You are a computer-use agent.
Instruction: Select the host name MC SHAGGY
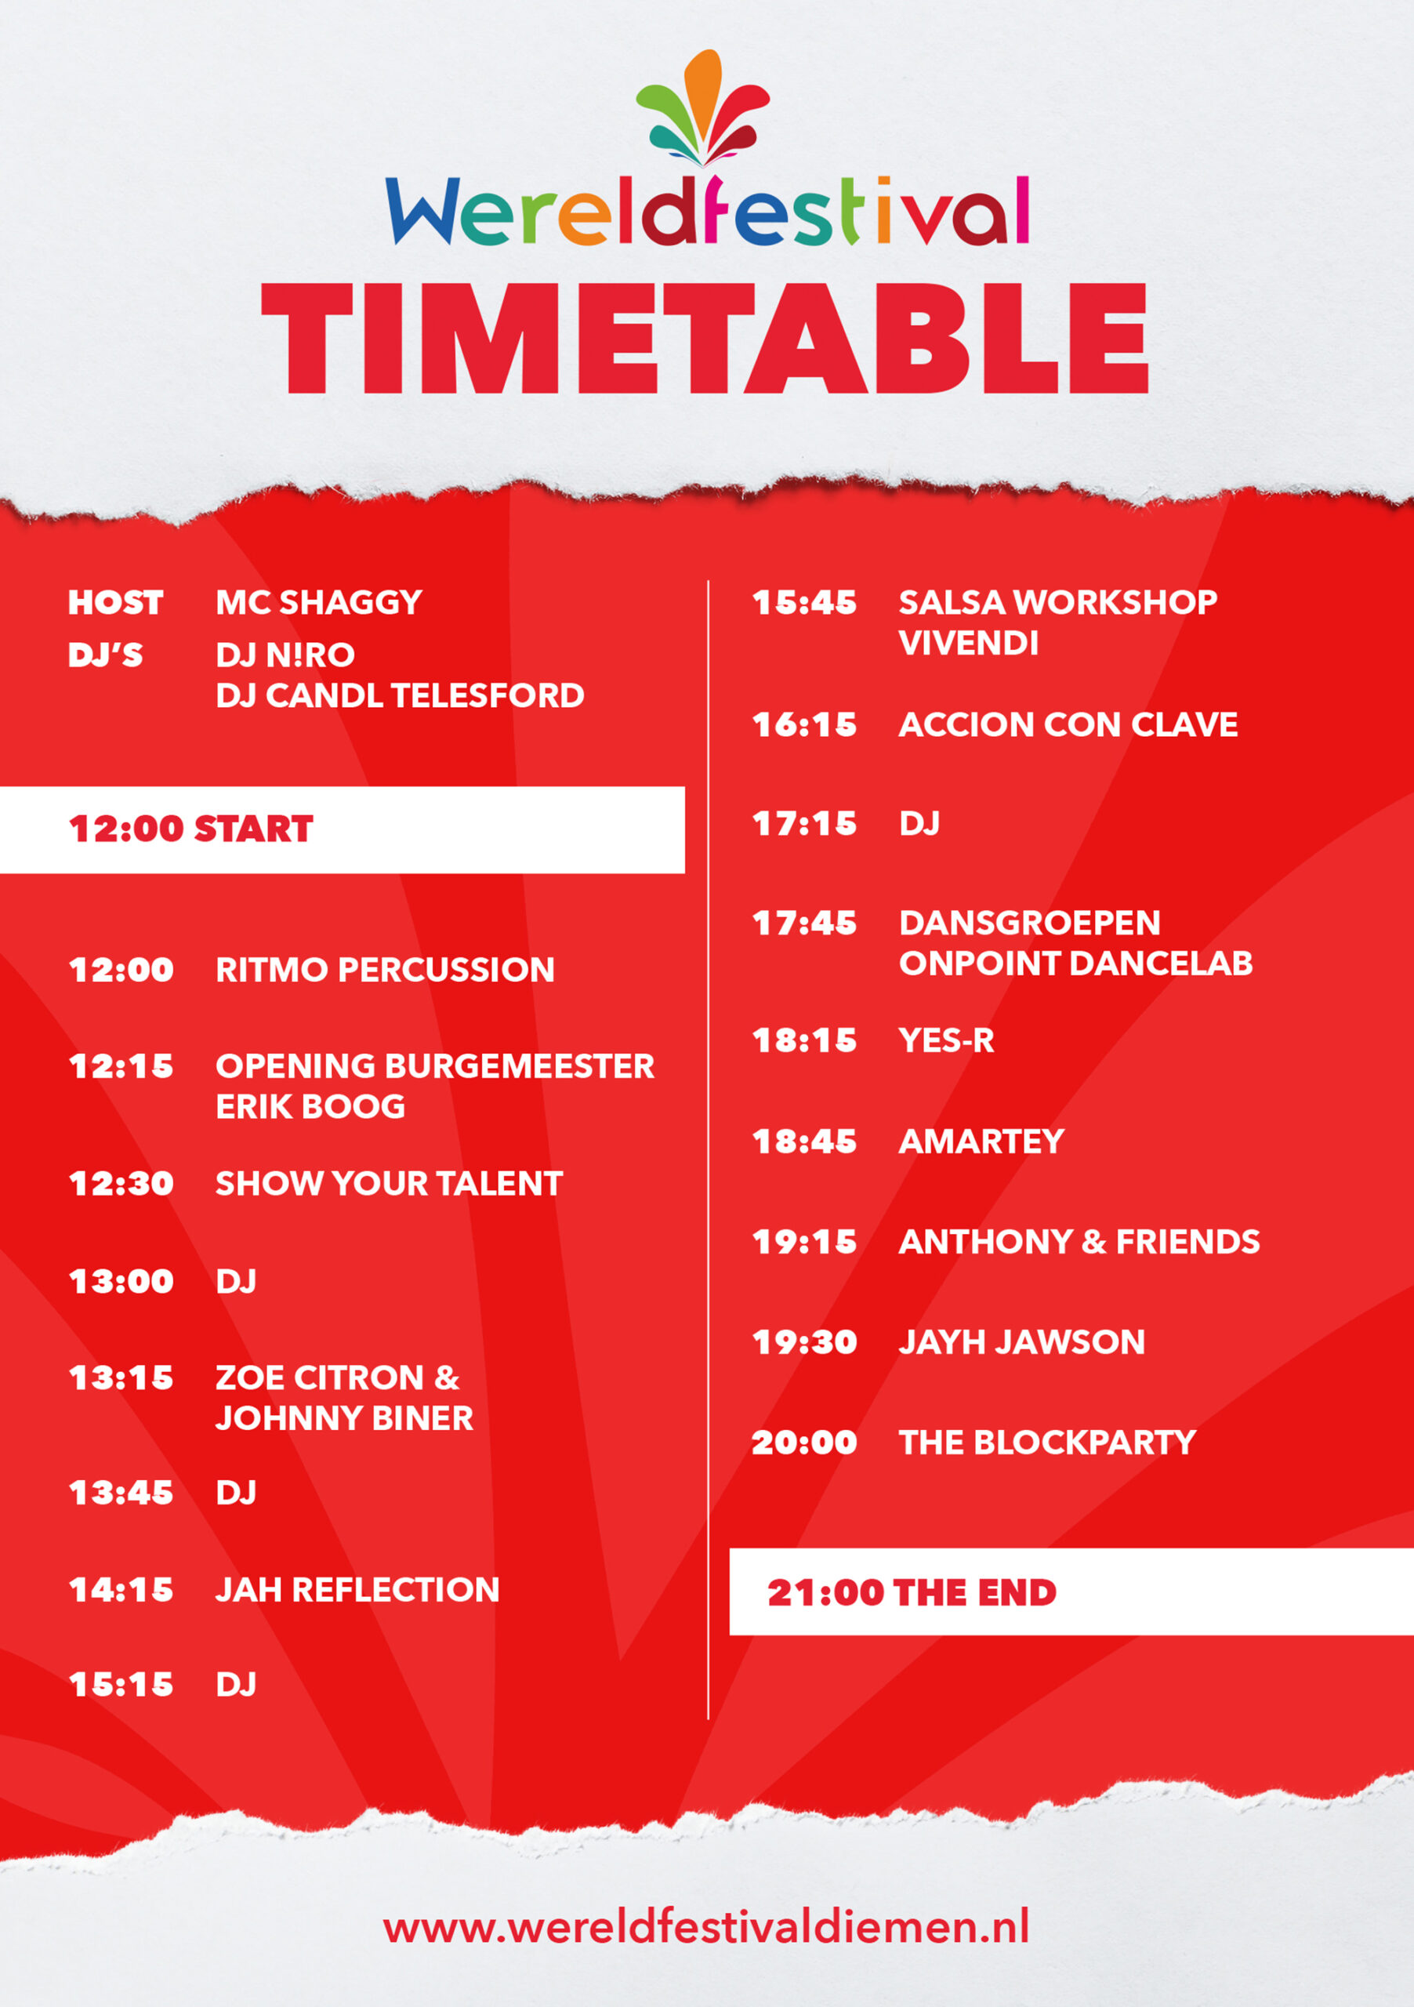pyautogui.click(x=319, y=602)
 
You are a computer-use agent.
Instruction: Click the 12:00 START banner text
pyautogui.click(x=190, y=829)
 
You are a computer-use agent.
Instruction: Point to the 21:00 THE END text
pyautogui.click(x=912, y=1591)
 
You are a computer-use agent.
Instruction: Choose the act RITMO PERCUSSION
pyautogui.click(x=385, y=970)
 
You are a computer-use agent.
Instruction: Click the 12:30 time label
pyautogui.click(x=121, y=1184)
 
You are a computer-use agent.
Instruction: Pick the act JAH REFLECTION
pyautogui.click(x=357, y=1589)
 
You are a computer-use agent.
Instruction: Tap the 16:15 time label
pyautogui.click(x=804, y=724)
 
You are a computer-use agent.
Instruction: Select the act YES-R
pyautogui.click(x=946, y=1040)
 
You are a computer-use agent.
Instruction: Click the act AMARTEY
pyautogui.click(x=981, y=1141)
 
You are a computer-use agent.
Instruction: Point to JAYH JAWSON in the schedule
pyautogui.click(x=1021, y=1341)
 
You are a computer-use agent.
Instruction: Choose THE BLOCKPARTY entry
pyautogui.click(x=1047, y=1443)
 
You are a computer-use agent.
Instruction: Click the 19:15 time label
pyautogui.click(x=804, y=1242)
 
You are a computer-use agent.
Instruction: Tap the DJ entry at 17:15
pyautogui.click(x=919, y=823)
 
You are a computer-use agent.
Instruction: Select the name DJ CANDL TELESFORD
pyautogui.click(x=400, y=696)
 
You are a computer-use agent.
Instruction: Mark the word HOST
pyautogui.click(x=115, y=602)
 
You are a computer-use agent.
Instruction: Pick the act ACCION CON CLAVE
pyautogui.click(x=1068, y=724)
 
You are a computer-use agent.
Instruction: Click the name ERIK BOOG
pyautogui.click(x=310, y=1107)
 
